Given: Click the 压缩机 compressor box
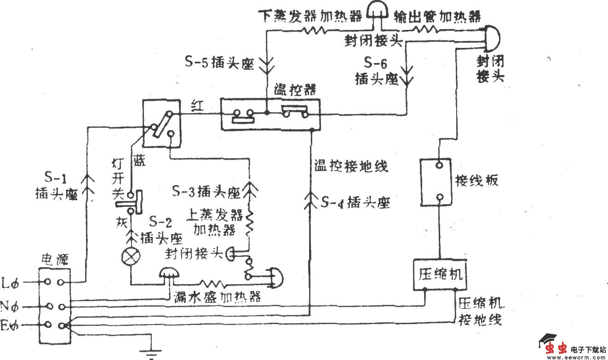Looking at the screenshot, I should point(441,274).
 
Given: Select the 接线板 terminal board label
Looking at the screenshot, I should point(476,180).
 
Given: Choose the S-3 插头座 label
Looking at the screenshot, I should point(206,192).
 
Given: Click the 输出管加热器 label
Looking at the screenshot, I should point(437,17).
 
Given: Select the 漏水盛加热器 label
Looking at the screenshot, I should point(217,297).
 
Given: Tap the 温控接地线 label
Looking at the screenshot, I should point(351,166).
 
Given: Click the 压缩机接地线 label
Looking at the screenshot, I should point(480,311).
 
